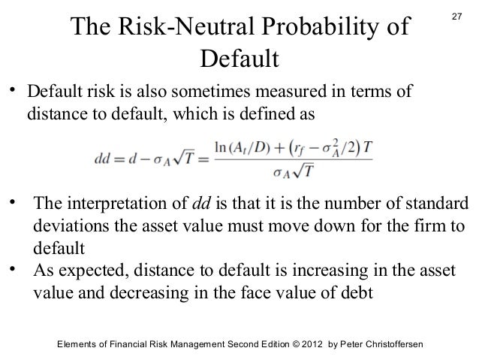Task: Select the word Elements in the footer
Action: point(81,343)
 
